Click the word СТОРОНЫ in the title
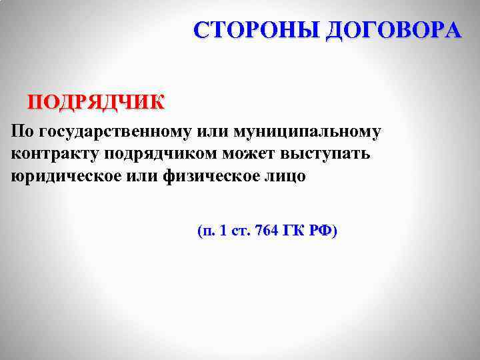point(257,30)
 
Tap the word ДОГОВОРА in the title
point(393,30)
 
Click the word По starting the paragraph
point(22,131)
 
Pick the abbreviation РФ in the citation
point(323,231)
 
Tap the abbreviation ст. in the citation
point(239,232)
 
